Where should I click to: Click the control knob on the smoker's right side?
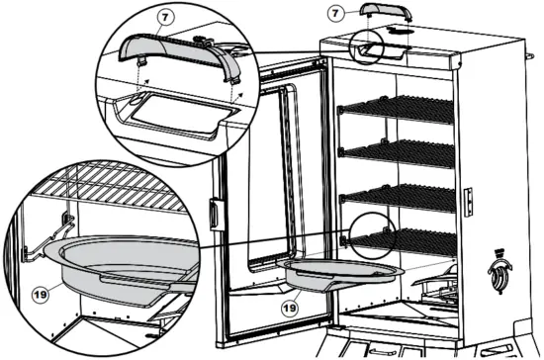coord(500,269)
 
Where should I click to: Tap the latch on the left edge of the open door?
coord(213,212)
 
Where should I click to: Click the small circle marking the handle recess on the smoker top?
coord(368,47)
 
